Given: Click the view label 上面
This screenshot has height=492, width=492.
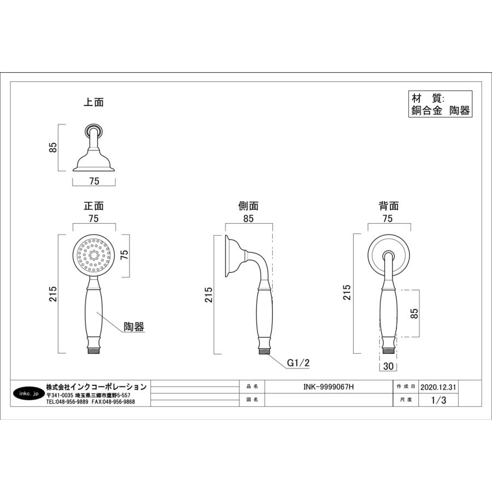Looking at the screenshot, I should pyautogui.click(x=93, y=102).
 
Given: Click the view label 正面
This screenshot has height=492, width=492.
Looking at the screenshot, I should pyautogui.click(x=93, y=206).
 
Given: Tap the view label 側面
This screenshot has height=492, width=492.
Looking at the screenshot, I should pyautogui.click(x=249, y=206).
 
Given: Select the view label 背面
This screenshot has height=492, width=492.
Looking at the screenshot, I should pyautogui.click(x=389, y=206).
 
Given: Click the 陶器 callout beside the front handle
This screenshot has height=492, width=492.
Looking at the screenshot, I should pyautogui.click(x=133, y=327).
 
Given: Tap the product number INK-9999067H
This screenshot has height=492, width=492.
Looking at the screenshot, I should pyautogui.click(x=328, y=386).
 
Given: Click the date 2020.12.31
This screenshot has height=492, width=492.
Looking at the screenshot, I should pyautogui.click(x=438, y=386).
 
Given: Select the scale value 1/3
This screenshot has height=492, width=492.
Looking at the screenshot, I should pyautogui.click(x=438, y=400).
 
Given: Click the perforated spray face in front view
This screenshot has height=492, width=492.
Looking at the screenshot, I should pyautogui.click(x=93, y=254).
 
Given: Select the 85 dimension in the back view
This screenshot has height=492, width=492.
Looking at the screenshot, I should pyautogui.click(x=414, y=313).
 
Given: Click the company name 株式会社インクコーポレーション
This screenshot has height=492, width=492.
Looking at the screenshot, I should pyautogui.click(x=96, y=386).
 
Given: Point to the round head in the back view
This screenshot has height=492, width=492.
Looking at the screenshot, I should pyautogui.click(x=389, y=255).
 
